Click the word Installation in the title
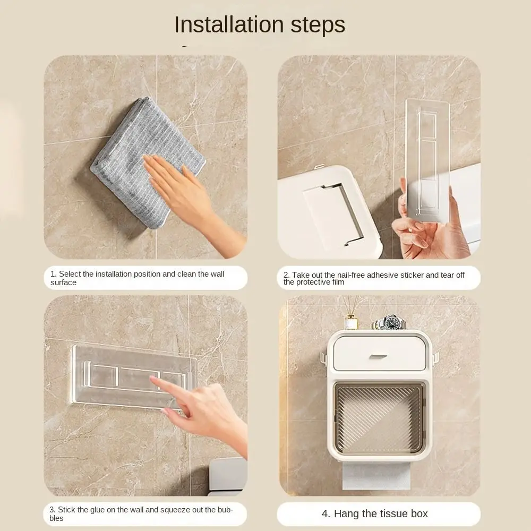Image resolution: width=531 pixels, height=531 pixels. point(229,25)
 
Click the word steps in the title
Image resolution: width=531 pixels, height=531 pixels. point(318,25)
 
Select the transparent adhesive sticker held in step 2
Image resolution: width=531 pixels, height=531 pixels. point(427,160)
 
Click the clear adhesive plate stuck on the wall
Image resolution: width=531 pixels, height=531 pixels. point(132,375)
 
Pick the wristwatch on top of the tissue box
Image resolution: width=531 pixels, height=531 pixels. point(389,322)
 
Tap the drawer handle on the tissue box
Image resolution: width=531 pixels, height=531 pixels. point(378,357)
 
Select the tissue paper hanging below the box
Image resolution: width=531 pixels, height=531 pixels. point(376,476)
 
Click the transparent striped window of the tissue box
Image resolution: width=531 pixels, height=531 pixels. point(379,418)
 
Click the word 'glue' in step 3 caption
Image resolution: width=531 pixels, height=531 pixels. point(96,510)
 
